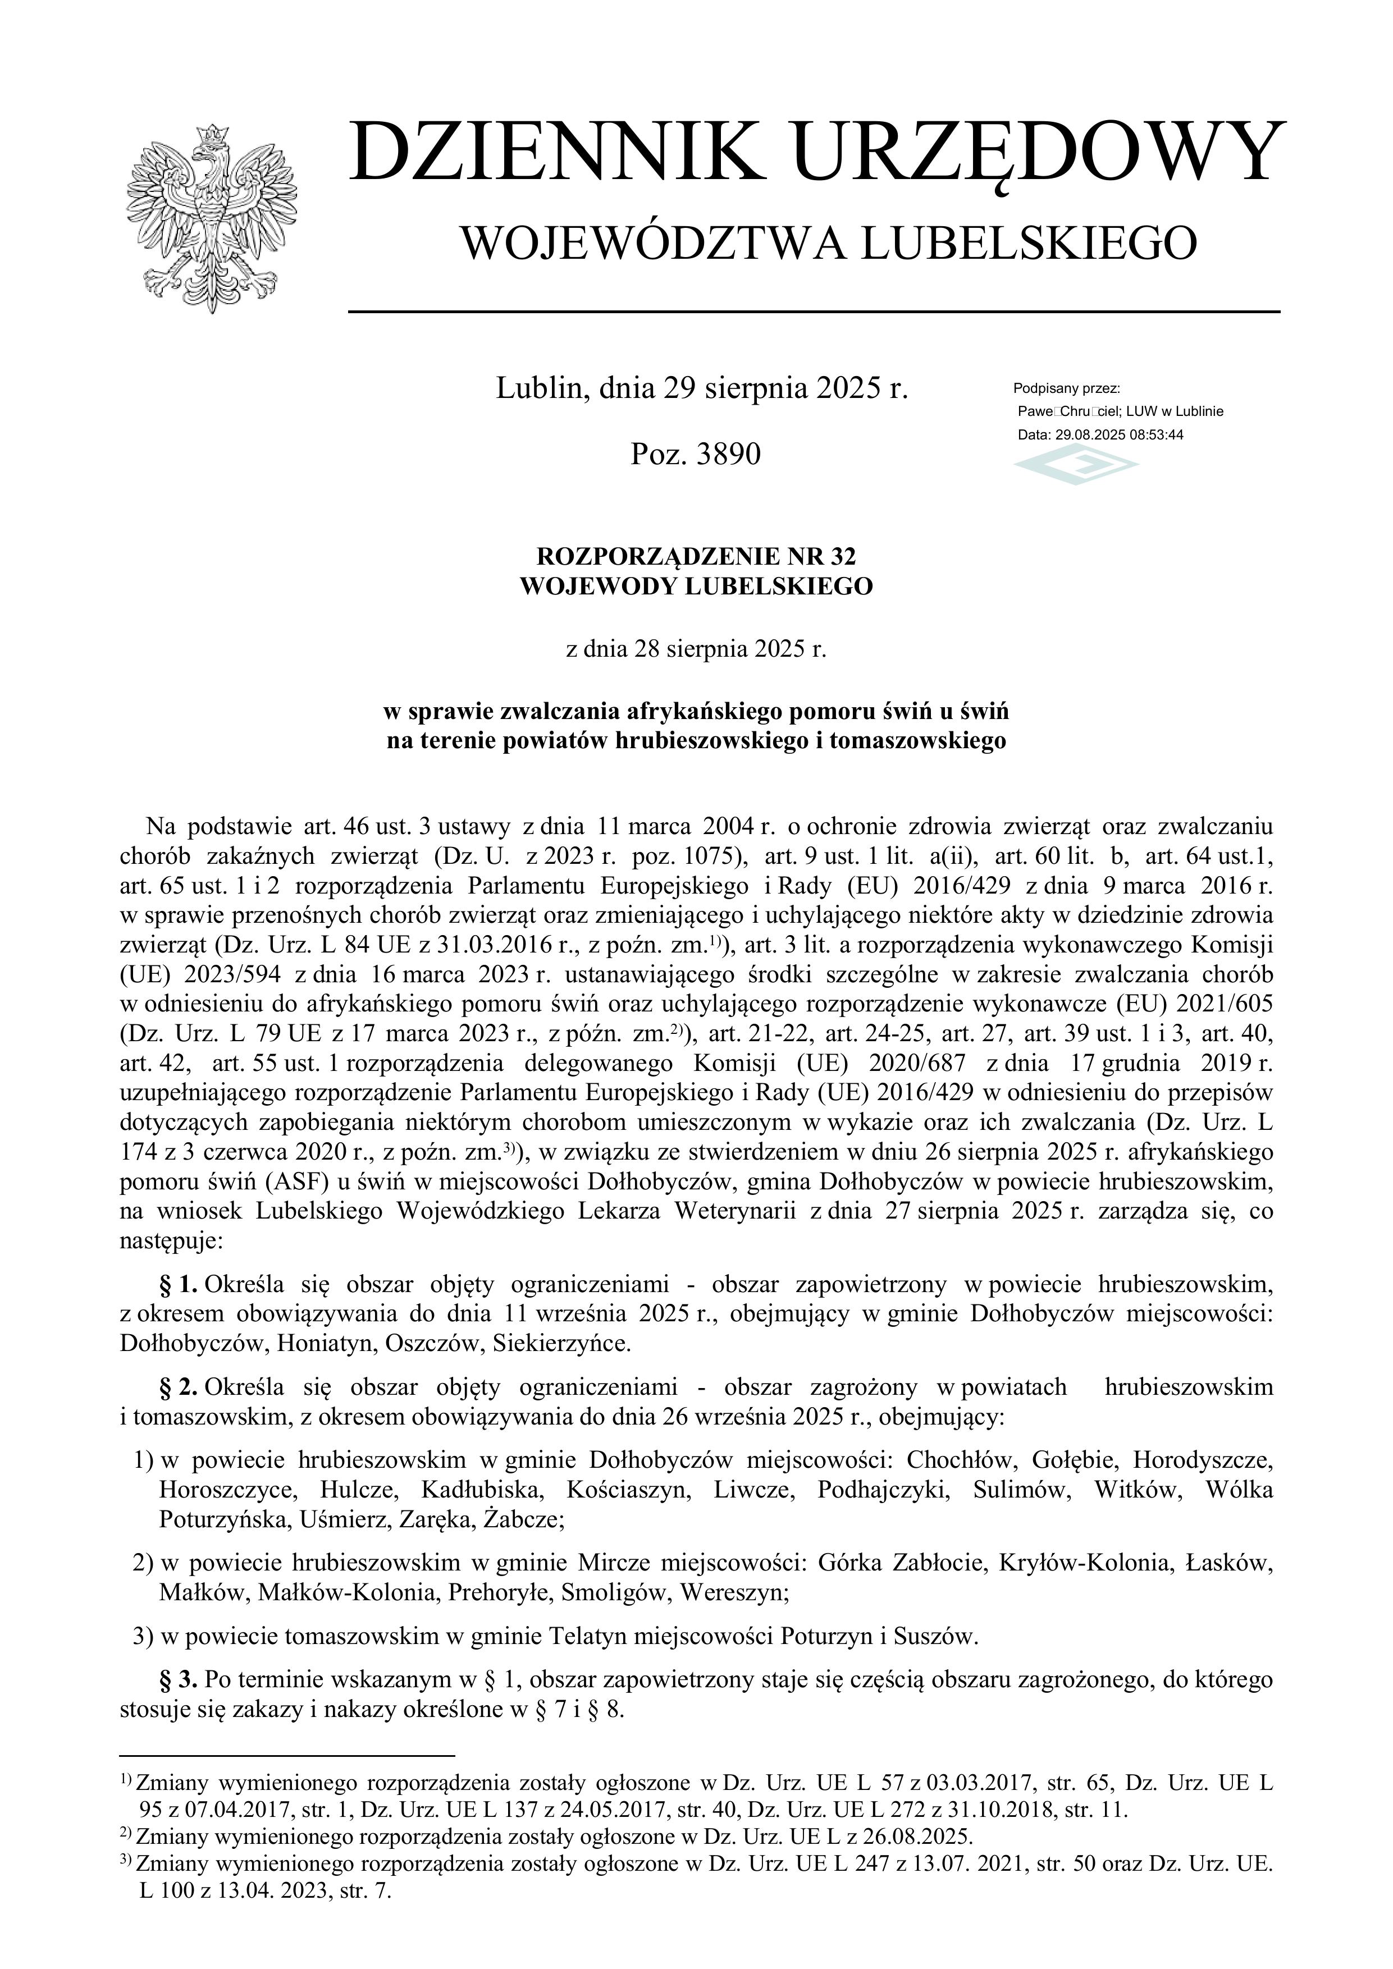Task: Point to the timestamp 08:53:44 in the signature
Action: pyautogui.click(x=1157, y=435)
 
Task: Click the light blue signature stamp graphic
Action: pyautogui.click(x=1076, y=466)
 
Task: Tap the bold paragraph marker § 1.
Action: pyautogui.click(x=179, y=1284)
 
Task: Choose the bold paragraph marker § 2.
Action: pyautogui.click(x=179, y=1387)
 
